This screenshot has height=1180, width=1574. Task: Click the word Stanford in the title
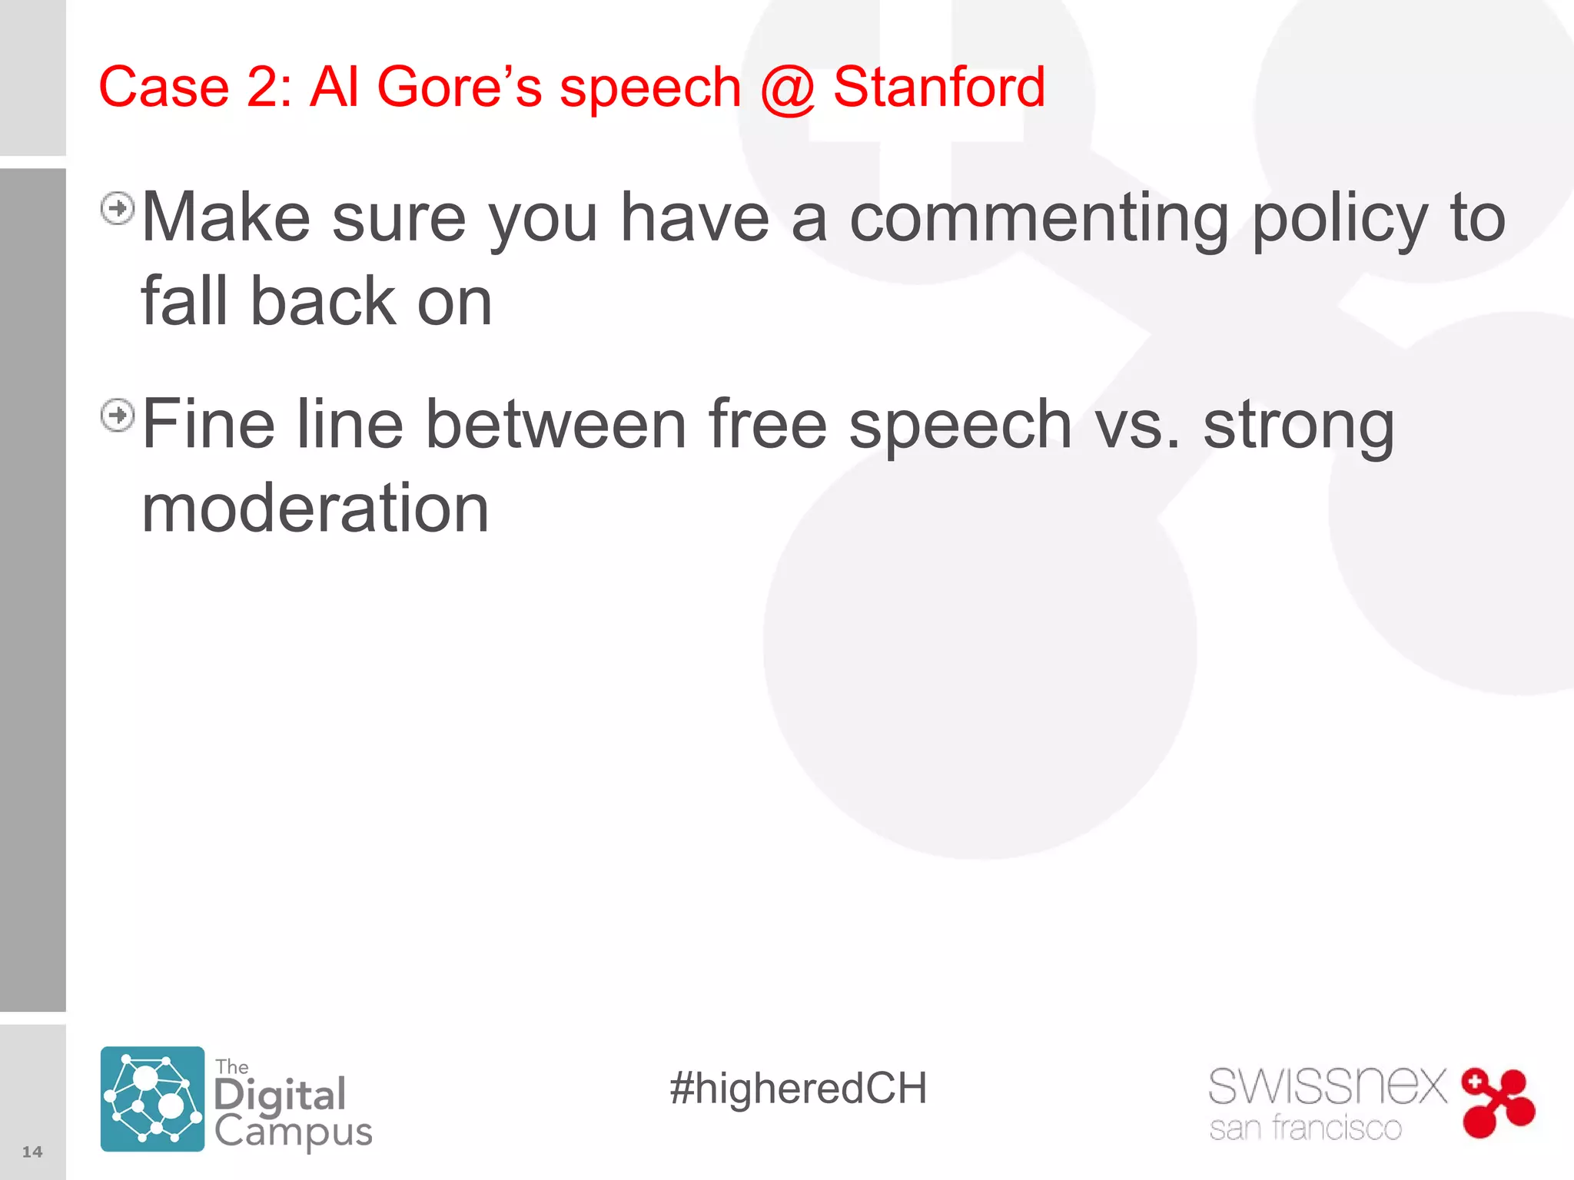click(938, 87)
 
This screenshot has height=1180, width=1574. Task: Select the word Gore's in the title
click(460, 87)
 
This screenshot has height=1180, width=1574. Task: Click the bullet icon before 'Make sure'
click(118, 208)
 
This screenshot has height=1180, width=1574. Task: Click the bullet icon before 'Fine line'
click(118, 416)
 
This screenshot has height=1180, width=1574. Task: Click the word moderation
click(315, 509)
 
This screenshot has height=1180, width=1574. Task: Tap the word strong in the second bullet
click(1299, 427)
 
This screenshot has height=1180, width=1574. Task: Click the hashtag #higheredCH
click(798, 1089)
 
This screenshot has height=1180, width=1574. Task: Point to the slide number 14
click(32, 1152)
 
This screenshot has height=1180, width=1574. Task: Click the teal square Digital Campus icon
click(152, 1099)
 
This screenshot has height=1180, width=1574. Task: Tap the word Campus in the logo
click(293, 1132)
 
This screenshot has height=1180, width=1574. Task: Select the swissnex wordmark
click(1327, 1086)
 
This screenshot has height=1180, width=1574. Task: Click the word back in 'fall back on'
click(323, 302)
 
